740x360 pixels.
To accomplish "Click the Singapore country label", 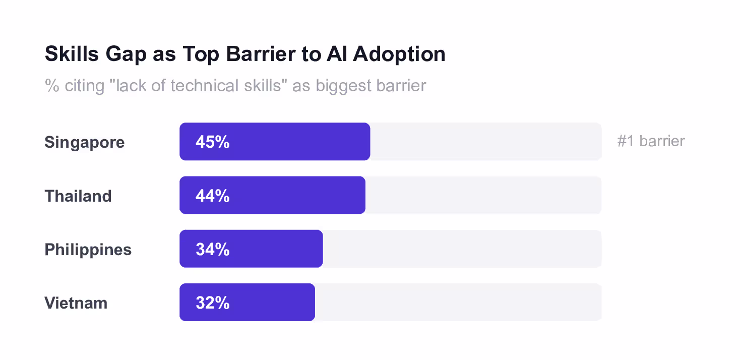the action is (85, 143).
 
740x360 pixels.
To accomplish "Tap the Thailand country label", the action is (78, 196).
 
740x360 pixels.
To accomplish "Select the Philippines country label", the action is (88, 250).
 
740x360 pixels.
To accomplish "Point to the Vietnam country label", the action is (76, 303).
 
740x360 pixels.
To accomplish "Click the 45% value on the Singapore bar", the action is (212, 142).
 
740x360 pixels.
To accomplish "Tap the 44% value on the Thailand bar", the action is (212, 196).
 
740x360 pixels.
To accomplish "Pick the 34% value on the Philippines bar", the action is (212, 249).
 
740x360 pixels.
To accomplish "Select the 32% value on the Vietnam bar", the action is (212, 303).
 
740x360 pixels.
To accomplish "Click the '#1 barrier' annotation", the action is (651, 141).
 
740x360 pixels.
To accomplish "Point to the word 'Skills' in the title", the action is (72, 53).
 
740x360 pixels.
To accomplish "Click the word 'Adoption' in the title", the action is (399, 54).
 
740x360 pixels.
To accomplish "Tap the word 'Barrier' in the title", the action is (261, 53).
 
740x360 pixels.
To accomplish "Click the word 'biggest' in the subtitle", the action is (343, 86).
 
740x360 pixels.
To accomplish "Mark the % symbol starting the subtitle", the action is (52, 86).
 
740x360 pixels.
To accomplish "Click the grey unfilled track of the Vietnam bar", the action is (458, 302).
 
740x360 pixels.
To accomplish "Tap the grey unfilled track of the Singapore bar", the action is (485, 142).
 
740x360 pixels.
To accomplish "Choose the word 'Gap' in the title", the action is (126, 54).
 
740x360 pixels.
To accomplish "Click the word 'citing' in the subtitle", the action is (85, 86).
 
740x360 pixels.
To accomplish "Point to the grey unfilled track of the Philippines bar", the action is (462, 249).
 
